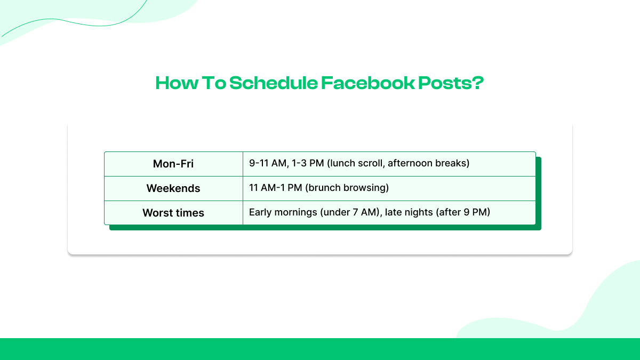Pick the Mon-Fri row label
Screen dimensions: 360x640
click(x=173, y=164)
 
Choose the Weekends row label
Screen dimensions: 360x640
click(x=173, y=188)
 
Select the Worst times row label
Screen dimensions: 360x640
click(x=173, y=213)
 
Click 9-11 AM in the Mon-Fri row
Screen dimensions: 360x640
click(x=268, y=163)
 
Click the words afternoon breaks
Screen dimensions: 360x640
click(x=427, y=163)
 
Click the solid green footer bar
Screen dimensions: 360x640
click(x=320, y=349)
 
